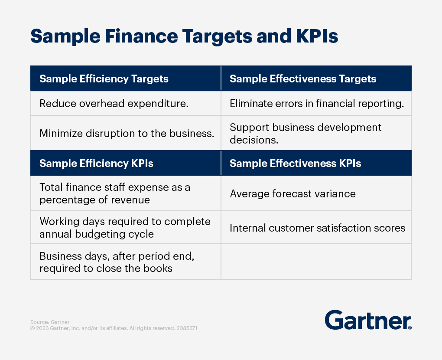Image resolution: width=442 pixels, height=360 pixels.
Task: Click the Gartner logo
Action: pyautogui.click(x=368, y=320)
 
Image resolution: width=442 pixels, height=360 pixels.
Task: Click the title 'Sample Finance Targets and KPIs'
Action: pyautogui.click(x=184, y=36)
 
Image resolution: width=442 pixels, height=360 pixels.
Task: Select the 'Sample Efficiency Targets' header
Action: pyautogui.click(x=104, y=79)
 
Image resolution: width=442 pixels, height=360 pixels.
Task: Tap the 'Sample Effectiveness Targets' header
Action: pyautogui.click(x=303, y=79)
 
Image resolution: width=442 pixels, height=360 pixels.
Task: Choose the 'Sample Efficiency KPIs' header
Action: pyautogui.click(x=96, y=164)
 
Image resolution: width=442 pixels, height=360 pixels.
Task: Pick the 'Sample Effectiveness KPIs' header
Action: pyautogui.click(x=295, y=164)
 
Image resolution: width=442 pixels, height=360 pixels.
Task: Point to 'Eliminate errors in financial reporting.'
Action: pyautogui.click(x=317, y=104)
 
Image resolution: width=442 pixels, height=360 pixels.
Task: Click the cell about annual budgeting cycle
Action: pyautogui.click(x=125, y=228)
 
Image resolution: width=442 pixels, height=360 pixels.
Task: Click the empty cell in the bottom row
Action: pyautogui.click(x=316, y=262)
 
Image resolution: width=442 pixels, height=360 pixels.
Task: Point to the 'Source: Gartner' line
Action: pyautogui.click(x=50, y=322)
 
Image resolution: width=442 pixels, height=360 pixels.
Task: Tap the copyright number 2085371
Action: pyautogui.click(x=187, y=328)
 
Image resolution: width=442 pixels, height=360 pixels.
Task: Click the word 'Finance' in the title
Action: pyautogui.click(x=141, y=36)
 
